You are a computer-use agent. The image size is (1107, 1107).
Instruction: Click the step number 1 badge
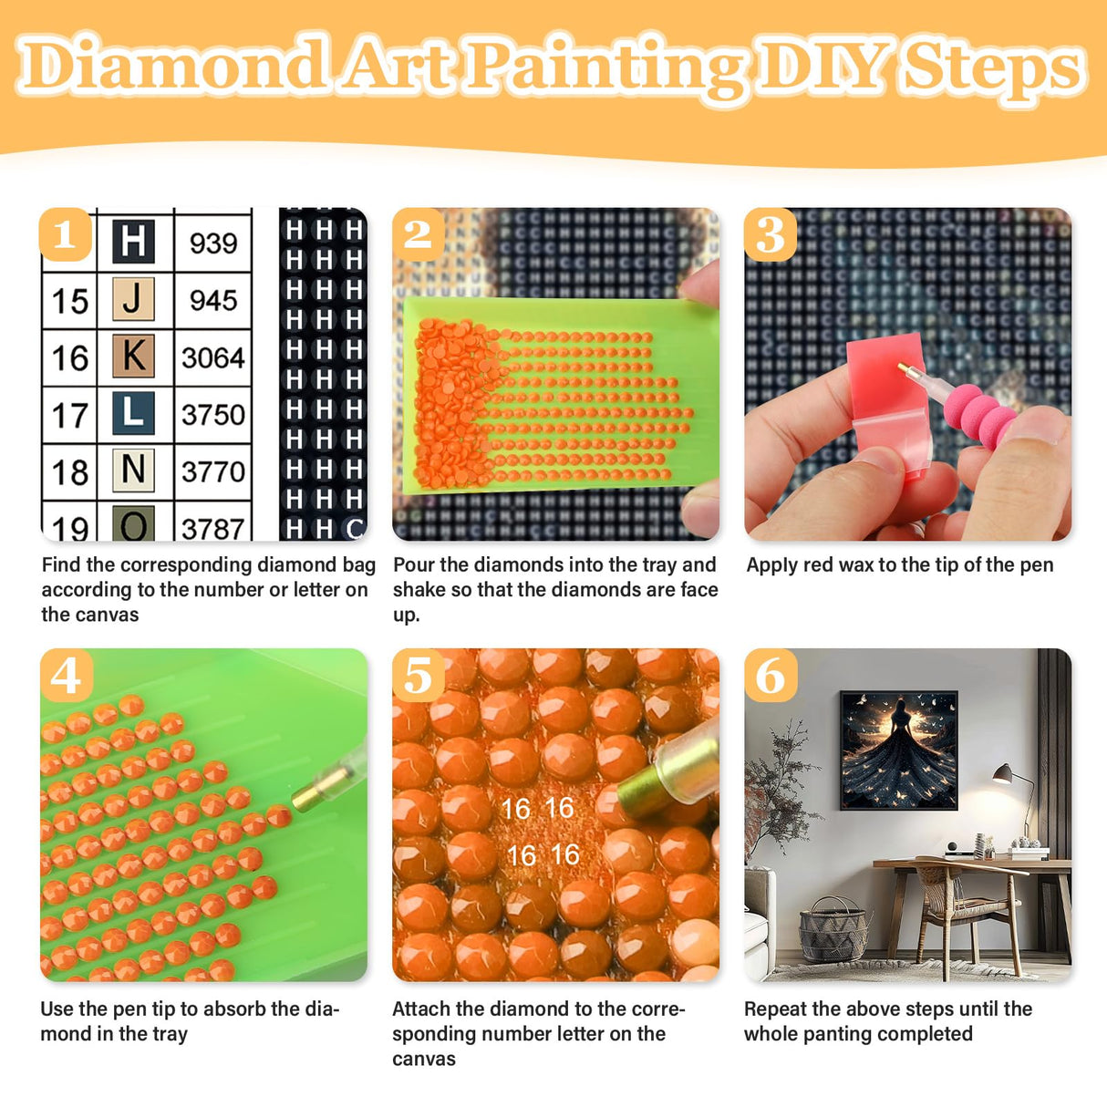pos(65,235)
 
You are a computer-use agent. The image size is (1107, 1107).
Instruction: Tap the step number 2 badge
pos(418,235)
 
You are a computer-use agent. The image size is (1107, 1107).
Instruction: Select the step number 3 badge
pos(771,235)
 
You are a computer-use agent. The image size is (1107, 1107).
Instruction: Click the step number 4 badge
pos(66,676)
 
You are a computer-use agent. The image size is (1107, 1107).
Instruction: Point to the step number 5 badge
pos(418,676)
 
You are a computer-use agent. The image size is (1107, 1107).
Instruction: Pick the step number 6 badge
pos(771,676)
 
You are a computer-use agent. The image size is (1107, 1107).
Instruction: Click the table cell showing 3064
pos(213,357)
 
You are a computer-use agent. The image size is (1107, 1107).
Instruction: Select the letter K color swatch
pos(133,357)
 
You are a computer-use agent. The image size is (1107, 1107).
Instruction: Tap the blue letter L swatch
pos(133,413)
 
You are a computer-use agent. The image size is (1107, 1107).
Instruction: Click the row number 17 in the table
pos(69,415)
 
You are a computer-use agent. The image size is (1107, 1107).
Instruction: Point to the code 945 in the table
pos(213,300)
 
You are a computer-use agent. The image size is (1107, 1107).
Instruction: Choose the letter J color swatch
pos(133,299)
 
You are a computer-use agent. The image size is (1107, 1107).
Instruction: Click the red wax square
pos(886,393)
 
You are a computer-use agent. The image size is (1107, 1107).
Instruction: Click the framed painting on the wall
pos(898,750)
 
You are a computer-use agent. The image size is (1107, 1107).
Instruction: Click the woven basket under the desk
pos(832,930)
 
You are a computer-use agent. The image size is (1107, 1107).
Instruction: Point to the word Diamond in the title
pos(173,66)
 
